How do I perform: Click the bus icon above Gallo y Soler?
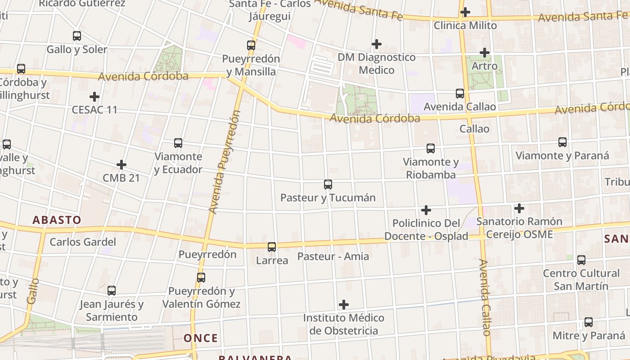pyautogui.click(x=77, y=36)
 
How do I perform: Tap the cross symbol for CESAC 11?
pyautogui.click(x=94, y=97)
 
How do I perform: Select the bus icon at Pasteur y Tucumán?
pyautogui.click(x=328, y=184)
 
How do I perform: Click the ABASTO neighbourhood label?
pyautogui.click(x=57, y=220)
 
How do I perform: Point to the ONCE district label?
pyautogui.click(x=201, y=338)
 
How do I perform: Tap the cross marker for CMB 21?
pyautogui.click(x=121, y=165)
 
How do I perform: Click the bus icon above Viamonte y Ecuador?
pyautogui.click(x=178, y=143)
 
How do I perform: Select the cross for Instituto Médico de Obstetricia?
pyautogui.click(x=344, y=305)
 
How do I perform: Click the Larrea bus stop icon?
pyautogui.click(x=272, y=247)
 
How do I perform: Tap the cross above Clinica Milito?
pyautogui.click(x=465, y=12)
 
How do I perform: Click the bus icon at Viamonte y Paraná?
pyautogui.click(x=562, y=142)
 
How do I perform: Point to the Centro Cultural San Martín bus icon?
pyautogui.click(x=581, y=260)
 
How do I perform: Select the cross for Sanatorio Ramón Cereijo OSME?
pyautogui.click(x=519, y=208)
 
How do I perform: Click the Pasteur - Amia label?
pyautogui.click(x=333, y=256)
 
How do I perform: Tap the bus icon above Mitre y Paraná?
pyautogui.click(x=589, y=322)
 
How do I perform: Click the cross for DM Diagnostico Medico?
pyautogui.click(x=377, y=44)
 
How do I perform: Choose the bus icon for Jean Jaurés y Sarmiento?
pyautogui.click(x=112, y=291)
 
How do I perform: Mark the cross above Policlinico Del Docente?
pyautogui.click(x=426, y=210)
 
